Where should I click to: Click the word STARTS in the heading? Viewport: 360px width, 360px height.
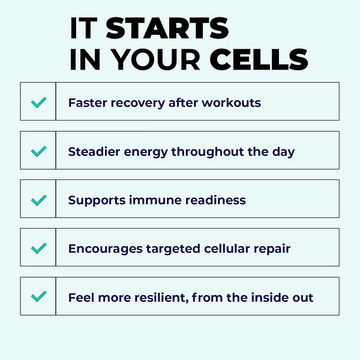[x=167, y=28]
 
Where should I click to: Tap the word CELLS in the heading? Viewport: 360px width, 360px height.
[x=259, y=60]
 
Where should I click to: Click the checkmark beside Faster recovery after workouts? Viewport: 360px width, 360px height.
[x=38, y=102]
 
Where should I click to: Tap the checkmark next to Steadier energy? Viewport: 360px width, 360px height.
[x=38, y=151]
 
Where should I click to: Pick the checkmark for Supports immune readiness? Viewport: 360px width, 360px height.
[x=38, y=199]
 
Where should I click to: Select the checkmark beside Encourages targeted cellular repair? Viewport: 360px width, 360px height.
[x=38, y=248]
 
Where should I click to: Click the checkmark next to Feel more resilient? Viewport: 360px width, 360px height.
[x=38, y=296]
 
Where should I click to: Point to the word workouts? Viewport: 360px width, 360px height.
[x=231, y=102]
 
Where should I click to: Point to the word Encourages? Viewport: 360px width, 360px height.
[x=105, y=248]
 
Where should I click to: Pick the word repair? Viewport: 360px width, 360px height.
[x=272, y=249]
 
